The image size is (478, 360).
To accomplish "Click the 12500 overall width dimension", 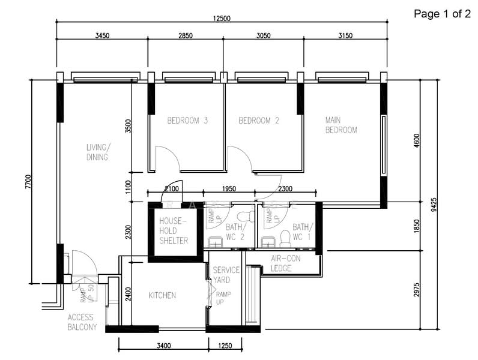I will [x=222, y=18].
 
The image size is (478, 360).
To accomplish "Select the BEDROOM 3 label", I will [x=179, y=121].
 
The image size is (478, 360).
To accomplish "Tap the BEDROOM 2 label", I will [x=259, y=121].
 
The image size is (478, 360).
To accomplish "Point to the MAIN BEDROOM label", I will [x=341, y=125].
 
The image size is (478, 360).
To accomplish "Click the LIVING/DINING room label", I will [x=97, y=152].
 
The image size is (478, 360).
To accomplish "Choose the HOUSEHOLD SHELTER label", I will [x=174, y=231].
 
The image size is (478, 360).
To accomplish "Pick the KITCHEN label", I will [x=162, y=295].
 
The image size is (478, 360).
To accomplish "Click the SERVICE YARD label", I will [x=226, y=275].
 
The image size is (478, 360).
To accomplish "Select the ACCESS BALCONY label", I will [x=82, y=322].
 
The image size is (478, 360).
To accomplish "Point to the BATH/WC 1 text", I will [x=303, y=232].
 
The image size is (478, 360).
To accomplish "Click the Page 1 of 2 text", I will [x=442, y=14].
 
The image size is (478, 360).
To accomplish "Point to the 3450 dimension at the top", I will [x=102, y=36].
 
